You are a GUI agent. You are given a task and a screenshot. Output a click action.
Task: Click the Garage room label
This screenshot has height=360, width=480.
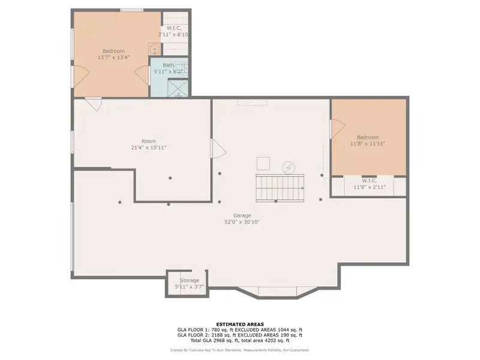coord(242,215)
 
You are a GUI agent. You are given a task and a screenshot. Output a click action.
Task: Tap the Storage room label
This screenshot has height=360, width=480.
coord(189,280)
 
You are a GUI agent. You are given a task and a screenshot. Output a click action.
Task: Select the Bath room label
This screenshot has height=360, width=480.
coord(169,65)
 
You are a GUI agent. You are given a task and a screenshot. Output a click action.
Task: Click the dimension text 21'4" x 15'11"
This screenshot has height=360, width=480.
coord(148,148)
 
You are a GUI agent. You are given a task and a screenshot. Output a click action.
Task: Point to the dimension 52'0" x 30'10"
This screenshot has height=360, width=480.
coord(242,222)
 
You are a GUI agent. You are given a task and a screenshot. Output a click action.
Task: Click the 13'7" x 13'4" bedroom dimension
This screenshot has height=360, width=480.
coord(113,58)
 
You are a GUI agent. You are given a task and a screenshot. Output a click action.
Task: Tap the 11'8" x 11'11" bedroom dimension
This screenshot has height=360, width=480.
coord(367,143)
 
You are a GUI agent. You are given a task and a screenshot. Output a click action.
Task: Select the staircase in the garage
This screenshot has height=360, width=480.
coord(280,188)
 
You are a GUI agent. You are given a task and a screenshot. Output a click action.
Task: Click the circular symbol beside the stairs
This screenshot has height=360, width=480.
coord(289,168)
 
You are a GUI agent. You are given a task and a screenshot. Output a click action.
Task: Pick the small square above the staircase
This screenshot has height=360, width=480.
coord(263,163)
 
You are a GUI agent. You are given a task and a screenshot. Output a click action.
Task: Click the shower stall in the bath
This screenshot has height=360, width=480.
coord(178,88)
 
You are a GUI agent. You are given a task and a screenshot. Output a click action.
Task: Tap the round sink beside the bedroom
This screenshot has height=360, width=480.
coord(155,49)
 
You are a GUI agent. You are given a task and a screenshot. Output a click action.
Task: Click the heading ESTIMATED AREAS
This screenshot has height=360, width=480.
coord(240,324)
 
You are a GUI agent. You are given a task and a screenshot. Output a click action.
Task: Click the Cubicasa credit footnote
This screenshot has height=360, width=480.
coord(239,350)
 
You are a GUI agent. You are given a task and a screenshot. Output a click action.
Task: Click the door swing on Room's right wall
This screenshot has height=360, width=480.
coord(218,148)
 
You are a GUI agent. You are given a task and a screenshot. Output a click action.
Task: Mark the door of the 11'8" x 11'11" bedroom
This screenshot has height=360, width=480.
coord(337,128)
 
